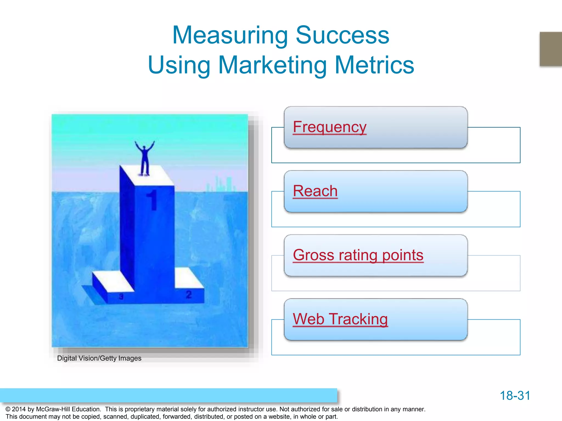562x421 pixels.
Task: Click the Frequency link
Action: pos(330,127)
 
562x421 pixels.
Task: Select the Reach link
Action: pos(315,191)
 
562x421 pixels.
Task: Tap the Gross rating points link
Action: pos(358,255)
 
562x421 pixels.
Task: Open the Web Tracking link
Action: pos(340,319)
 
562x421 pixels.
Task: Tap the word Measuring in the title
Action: pos(230,36)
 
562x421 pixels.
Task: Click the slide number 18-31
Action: pos(515,396)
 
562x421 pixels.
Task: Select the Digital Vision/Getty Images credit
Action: pos(99,358)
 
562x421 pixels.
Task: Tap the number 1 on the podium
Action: pos(152,200)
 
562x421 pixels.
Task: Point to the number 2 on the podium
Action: pos(189,295)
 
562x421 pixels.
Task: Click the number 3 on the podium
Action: pos(121,297)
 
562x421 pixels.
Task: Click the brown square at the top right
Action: pos(550,49)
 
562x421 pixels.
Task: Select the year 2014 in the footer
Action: pos(19,409)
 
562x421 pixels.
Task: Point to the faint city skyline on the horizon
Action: pos(221,184)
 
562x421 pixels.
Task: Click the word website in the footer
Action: pos(279,417)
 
